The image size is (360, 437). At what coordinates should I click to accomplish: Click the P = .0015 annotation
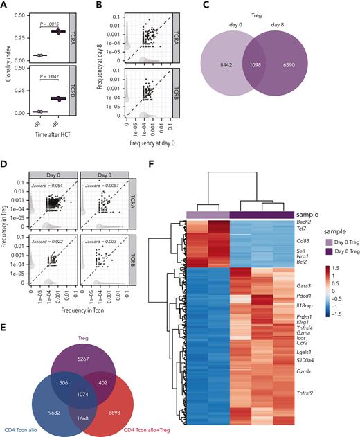coord(51,24)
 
